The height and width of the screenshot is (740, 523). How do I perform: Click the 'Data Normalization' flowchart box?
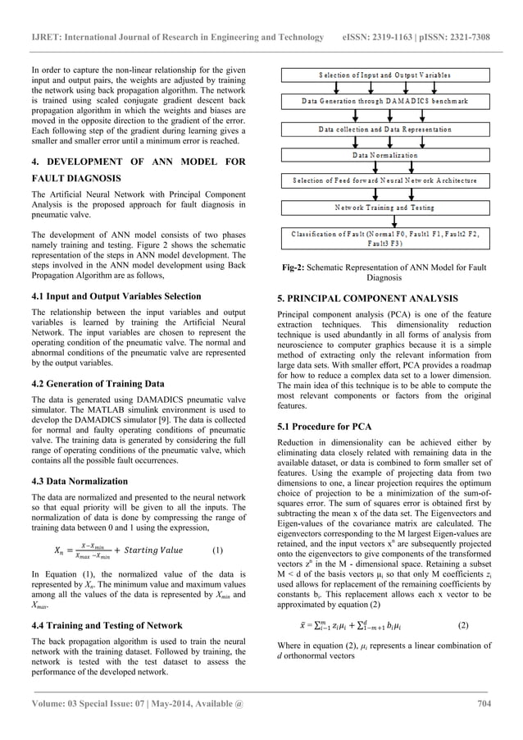click(x=384, y=155)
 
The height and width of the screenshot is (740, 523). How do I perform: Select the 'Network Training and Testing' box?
click(x=384, y=208)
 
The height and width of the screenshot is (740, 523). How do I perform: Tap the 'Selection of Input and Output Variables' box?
click(x=384, y=75)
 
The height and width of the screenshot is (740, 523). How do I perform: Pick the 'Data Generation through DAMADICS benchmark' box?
click(x=384, y=102)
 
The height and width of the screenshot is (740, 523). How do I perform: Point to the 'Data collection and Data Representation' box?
click(x=384, y=130)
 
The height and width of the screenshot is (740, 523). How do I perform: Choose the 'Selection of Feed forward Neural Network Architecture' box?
click(x=384, y=180)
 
